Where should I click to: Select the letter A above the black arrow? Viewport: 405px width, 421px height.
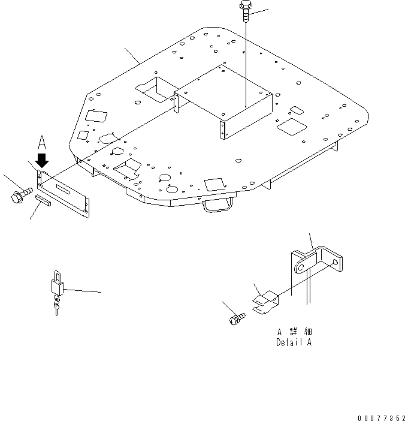(42, 142)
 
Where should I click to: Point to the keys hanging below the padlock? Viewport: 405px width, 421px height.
(56, 307)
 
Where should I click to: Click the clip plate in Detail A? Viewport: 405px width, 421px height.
(265, 301)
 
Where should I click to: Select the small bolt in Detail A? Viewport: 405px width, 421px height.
(235, 317)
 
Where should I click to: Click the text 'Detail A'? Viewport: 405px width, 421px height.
(294, 343)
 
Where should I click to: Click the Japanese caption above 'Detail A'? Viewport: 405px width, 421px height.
(294, 332)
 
